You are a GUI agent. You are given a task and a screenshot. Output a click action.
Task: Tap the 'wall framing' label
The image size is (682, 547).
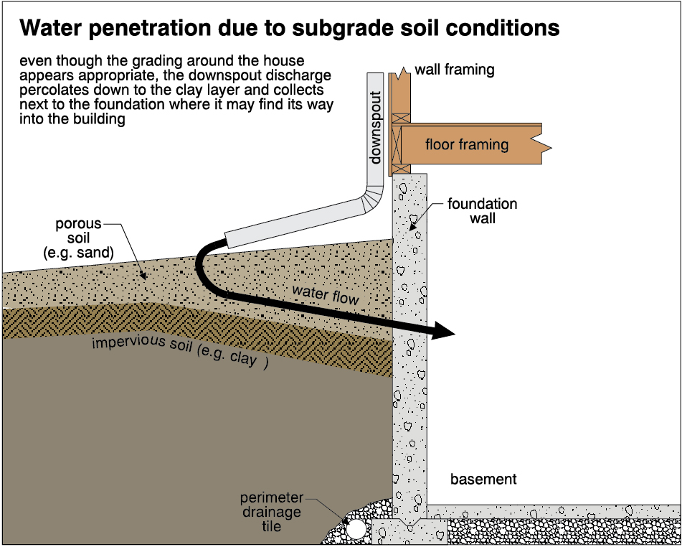(x=455, y=70)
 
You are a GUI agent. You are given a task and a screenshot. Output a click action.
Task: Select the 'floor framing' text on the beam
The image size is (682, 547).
(x=467, y=144)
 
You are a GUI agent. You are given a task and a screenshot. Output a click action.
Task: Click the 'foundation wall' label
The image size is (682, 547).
(x=482, y=211)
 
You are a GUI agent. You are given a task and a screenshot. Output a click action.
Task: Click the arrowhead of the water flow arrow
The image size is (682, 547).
(x=445, y=331)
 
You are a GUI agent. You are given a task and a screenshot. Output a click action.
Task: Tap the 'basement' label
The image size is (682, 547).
(x=483, y=480)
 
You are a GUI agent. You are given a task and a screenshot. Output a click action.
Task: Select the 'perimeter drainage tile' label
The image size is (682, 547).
(x=270, y=512)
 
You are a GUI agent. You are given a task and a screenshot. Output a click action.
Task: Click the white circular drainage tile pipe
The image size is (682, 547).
(x=356, y=530)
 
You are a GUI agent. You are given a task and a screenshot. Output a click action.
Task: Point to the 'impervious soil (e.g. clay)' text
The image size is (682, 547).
(x=179, y=350)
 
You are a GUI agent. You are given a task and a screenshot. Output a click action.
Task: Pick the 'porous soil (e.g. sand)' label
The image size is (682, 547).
(x=78, y=238)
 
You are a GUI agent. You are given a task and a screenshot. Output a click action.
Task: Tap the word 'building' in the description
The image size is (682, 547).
(x=103, y=120)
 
